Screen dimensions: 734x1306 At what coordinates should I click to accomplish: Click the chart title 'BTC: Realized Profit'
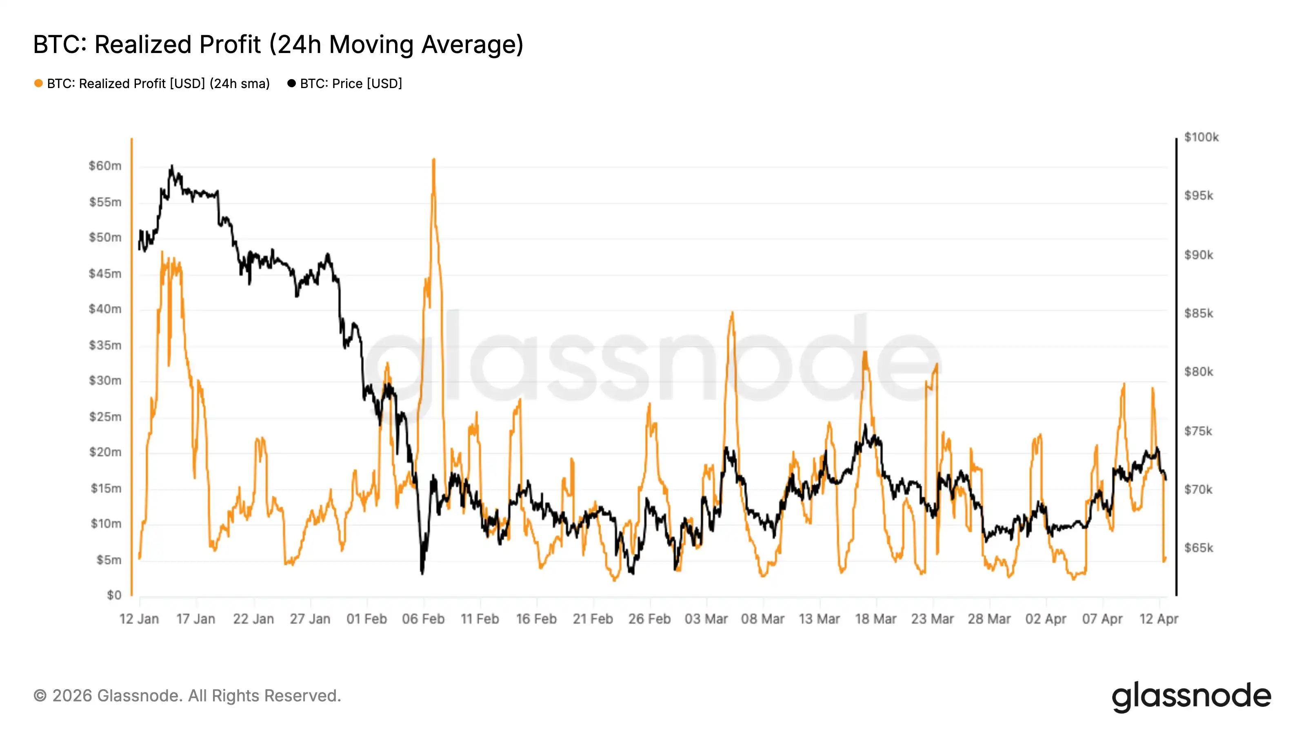click(278, 44)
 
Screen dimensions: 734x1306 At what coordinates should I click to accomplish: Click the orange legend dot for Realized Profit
click(38, 84)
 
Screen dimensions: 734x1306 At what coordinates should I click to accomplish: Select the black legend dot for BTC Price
click(291, 84)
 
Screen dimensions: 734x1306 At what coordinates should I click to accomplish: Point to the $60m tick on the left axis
click(105, 166)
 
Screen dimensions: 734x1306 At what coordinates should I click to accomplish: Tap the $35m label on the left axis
click(105, 345)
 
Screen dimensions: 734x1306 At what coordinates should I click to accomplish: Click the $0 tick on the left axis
click(114, 595)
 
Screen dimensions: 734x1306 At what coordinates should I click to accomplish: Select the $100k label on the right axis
click(1201, 137)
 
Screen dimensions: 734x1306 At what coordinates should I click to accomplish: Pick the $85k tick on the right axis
click(1199, 314)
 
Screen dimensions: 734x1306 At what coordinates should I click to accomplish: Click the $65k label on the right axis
click(1199, 548)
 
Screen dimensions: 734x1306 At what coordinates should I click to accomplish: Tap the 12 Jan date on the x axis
click(139, 619)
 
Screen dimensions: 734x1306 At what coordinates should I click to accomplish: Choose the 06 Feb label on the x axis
click(423, 619)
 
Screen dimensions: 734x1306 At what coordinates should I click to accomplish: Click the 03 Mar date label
click(706, 619)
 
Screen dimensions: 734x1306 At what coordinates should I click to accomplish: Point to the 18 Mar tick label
click(875, 619)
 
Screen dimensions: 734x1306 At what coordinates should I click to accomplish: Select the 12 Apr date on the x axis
click(1159, 619)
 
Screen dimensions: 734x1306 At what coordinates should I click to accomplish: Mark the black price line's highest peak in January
click(172, 166)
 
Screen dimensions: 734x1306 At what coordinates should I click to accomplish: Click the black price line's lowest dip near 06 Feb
click(422, 573)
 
